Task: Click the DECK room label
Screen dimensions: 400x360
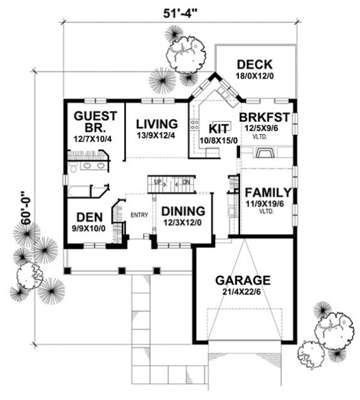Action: [x=254, y=64]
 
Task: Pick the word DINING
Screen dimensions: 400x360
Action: [x=183, y=211]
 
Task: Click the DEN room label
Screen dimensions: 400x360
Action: [x=89, y=217]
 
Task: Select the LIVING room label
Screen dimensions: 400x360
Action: [x=157, y=124]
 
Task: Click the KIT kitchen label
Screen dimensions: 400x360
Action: [x=216, y=130]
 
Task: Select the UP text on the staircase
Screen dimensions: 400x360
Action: [x=158, y=182]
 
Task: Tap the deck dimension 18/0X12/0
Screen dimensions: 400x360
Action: [x=254, y=76]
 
